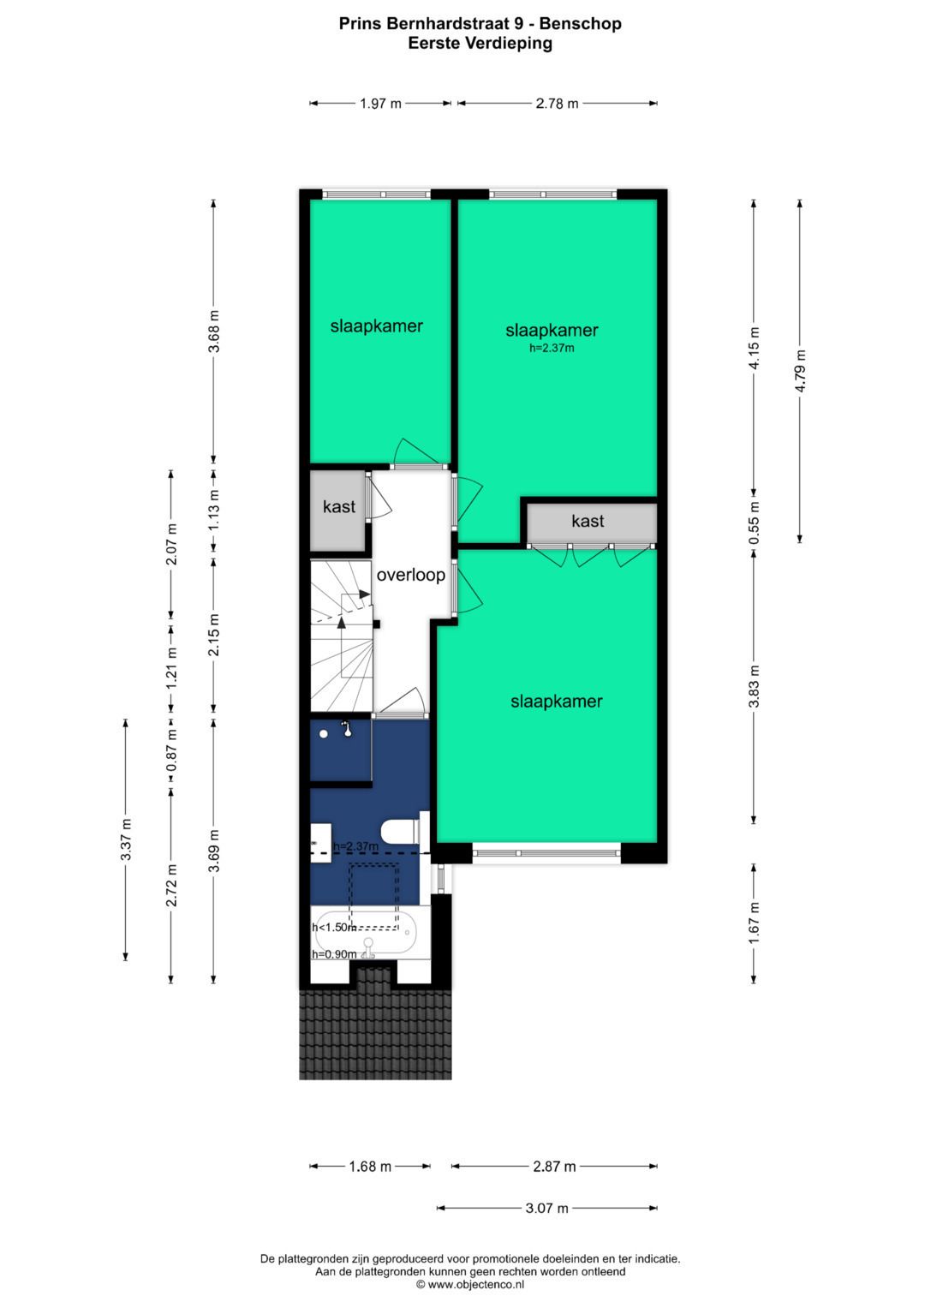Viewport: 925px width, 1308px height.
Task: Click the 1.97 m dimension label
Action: pyautogui.click(x=380, y=104)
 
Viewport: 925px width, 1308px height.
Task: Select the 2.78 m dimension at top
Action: pyautogui.click(x=557, y=104)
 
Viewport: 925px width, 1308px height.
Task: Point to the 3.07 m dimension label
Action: pyautogui.click(x=546, y=1208)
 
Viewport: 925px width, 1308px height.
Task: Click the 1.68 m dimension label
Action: pyautogui.click(x=370, y=1166)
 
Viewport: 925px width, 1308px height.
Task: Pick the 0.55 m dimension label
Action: pyautogui.click(x=754, y=523)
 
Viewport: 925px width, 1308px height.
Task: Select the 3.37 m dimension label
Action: pyautogui.click(x=126, y=839)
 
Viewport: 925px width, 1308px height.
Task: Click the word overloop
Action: pyautogui.click(x=410, y=575)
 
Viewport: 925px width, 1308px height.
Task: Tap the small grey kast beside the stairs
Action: pyautogui.click(x=338, y=507)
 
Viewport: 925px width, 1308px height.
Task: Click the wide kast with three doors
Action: pyautogui.click(x=588, y=521)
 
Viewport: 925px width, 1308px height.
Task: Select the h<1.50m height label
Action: pyautogui.click(x=334, y=927)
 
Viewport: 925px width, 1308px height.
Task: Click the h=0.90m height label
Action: pyautogui.click(x=334, y=954)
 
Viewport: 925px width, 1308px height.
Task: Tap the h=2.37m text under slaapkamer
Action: pyautogui.click(x=552, y=348)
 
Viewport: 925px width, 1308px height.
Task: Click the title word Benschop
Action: pyautogui.click(x=580, y=24)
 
